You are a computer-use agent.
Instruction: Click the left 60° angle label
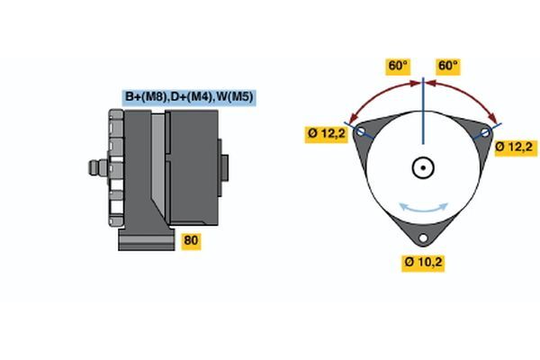click(x=398, y=66)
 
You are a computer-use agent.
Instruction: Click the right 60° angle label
click(x=447, y=66)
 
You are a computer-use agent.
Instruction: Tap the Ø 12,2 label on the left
click(x=326, y=135)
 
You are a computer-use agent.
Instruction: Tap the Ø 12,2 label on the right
click(x=516, y=146)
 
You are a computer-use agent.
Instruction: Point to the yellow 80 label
click(x=191, y=240)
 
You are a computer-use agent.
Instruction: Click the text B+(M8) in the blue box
click(x=143, y=97)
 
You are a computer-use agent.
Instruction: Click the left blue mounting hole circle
click(x=361, y=132)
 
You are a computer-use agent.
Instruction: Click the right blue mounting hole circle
click(x=485, y=132)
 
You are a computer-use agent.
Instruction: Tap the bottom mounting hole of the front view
click(x=423, y=239)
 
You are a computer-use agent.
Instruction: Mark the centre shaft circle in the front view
click(x=423, y=167)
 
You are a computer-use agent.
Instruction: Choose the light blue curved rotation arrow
click(x=423, y=208)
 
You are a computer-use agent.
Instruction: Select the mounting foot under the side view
click(x=144, y=238)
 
